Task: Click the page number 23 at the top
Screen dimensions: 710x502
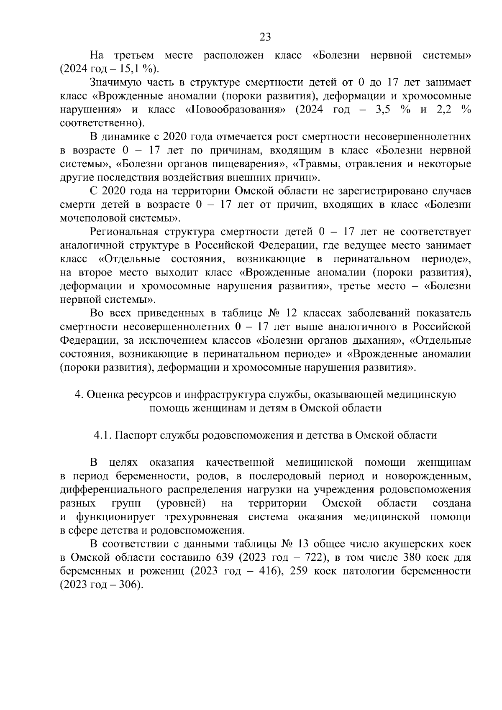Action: pos(265,37)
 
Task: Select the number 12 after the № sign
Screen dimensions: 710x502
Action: pos(291,313)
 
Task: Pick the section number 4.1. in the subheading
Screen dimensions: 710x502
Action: pos(102,435)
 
